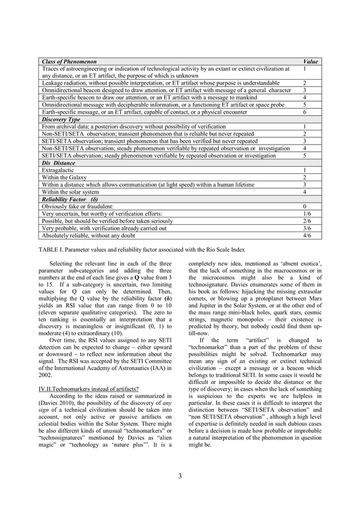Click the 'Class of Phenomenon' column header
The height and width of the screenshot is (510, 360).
point(69,61)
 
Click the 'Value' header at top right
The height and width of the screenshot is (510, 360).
point(310,61)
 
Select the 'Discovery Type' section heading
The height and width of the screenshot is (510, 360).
point(62,120)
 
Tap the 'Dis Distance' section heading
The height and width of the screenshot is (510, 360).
point(59,163)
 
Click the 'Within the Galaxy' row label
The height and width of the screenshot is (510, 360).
point(64,177)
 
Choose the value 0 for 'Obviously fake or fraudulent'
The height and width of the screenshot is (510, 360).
point(305,207)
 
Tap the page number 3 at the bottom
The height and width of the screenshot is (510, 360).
point(179,476)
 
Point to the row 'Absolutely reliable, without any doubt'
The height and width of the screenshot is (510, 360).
point(88,236)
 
